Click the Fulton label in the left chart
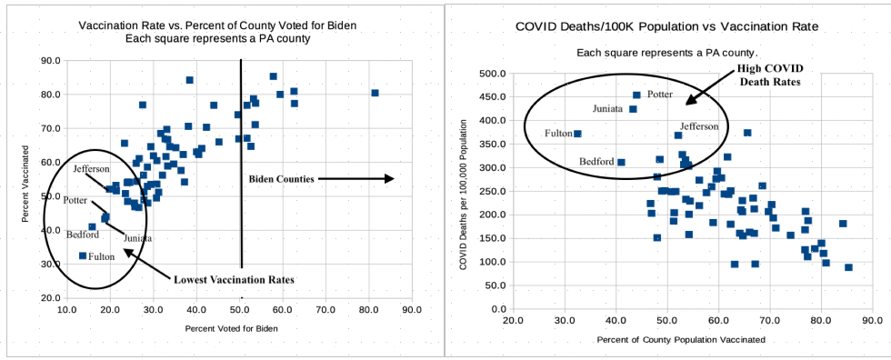pyautogui.click(x=101, y=256)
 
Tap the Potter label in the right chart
pyautogui.click(x=660, y=95)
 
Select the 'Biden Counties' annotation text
pyautogui.click(x=281, y=179)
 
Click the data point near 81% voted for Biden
pyautogui.click(x=375, y=93)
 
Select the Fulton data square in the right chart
pyautogui.click(x=577, y=134)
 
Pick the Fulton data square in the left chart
pyautogui.click(x=83, y=256)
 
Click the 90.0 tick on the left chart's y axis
pyautogui.click(x=50, y=61)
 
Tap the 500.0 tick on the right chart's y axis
pyautogui.click(x=493, y=74)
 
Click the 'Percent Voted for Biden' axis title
pyautogui.click(x=230, y=326)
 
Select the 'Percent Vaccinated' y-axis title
pyautogui.click(x=26, y=178)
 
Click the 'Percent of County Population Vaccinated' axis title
pyautogui.click(x=681, y=339)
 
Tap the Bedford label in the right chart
pyautogui.click(x=596, y=163)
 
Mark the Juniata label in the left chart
pyautogui.click(x=138, y=238)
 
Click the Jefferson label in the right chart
pyautogui.click(x=699, y=126)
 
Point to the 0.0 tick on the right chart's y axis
pyautogui.click(x=497, y=309)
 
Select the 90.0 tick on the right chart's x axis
pyautogui.click(x=872, y=321)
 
